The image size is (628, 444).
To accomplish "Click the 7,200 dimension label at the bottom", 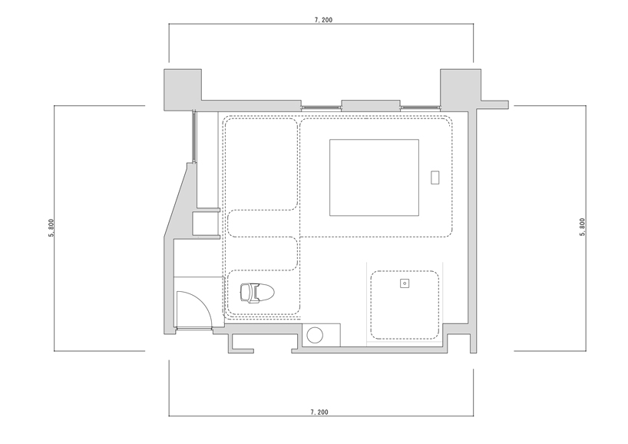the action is tap(319, 412).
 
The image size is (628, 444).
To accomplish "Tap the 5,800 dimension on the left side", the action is tap(51, 228).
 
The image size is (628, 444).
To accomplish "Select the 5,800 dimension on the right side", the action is tap(582, 227).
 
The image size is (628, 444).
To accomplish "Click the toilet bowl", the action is tap(266, 293).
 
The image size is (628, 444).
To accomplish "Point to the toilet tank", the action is tap(245, 293).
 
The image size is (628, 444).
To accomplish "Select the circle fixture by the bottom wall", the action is tap(316, 335).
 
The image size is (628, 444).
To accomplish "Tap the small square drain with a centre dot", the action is tap(405, 283).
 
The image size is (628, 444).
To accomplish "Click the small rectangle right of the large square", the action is tap(435, 177).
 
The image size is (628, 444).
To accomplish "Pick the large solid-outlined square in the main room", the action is tap(374, 177).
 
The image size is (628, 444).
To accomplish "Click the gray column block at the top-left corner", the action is tap(183, 89).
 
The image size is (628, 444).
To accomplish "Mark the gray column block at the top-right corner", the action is tap(461, 89).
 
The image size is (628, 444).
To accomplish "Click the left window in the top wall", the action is tap(321, 108).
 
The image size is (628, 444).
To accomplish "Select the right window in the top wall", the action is tap(421, 108).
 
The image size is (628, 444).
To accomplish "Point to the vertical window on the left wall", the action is tap(193, 136).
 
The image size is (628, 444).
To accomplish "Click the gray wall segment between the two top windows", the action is tap(371, 105).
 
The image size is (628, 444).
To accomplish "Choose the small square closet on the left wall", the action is tap(206, 224).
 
